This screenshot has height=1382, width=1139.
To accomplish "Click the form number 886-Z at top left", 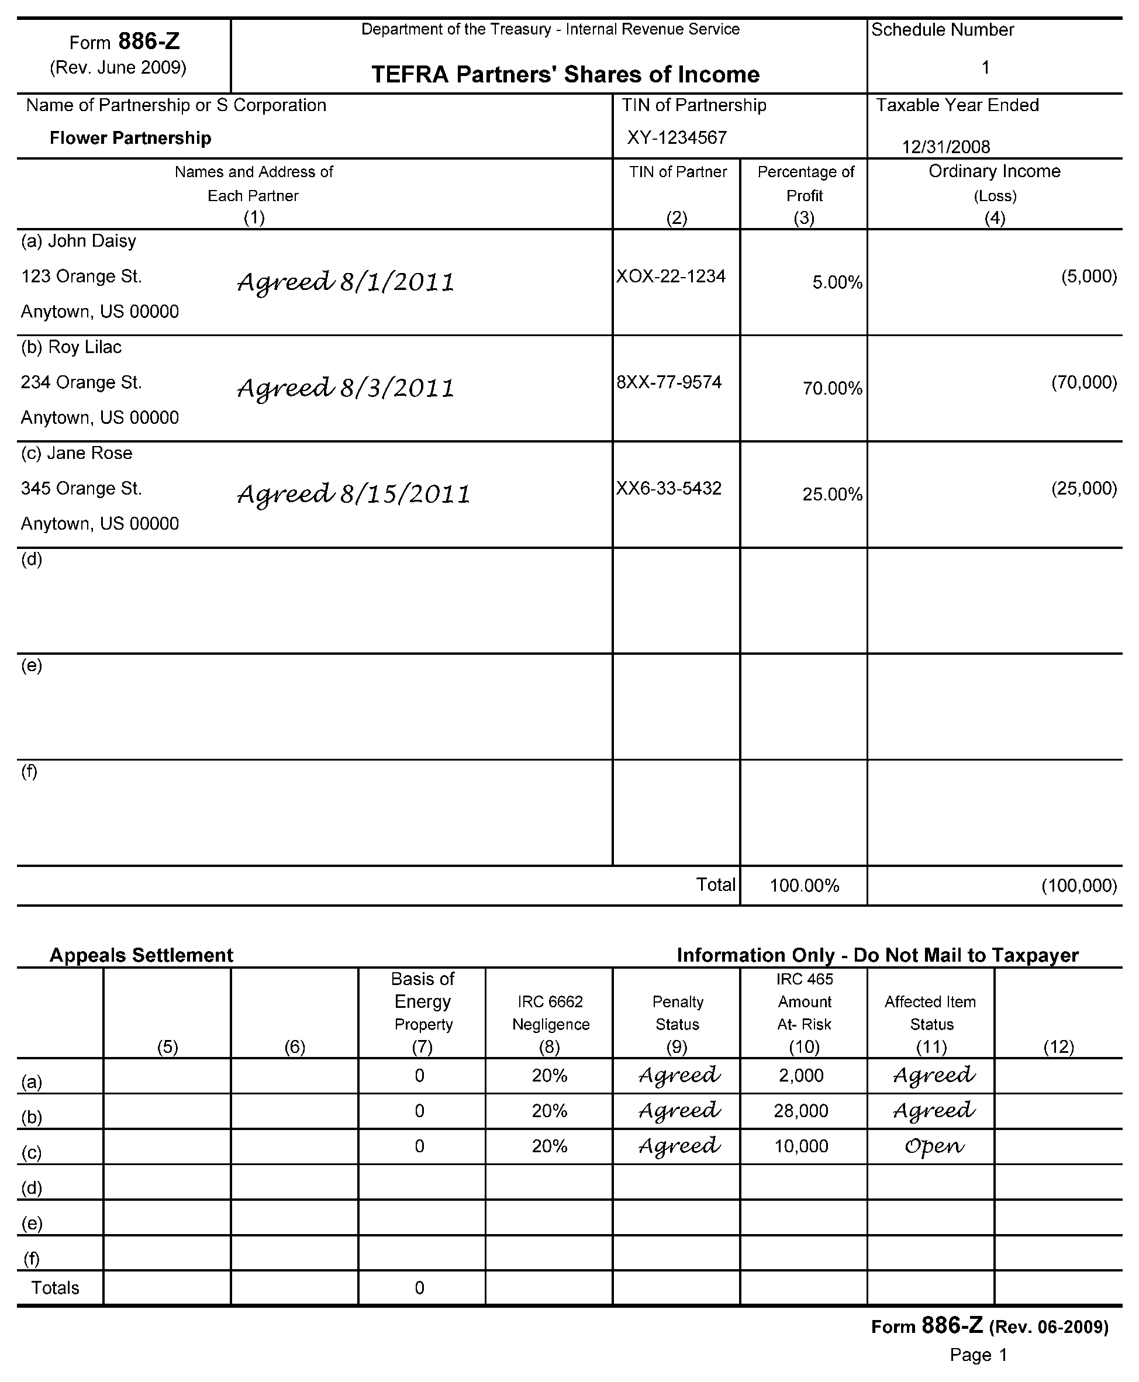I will point(149,42).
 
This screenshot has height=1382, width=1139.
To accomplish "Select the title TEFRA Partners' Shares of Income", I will point(565,74).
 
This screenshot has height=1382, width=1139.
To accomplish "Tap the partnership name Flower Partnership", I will point(130,138).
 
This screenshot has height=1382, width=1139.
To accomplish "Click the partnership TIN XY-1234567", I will point(677,138).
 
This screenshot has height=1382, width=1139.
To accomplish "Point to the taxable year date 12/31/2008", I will point(945,146).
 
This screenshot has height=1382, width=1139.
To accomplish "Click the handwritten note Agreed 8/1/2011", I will point(346,282).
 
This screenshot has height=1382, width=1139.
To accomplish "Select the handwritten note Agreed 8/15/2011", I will point(354,494).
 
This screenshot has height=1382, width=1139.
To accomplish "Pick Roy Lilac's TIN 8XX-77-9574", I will point(668,382).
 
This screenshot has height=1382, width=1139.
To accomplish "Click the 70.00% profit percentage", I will point(832,388).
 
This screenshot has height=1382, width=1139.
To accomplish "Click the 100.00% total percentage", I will point(805,886).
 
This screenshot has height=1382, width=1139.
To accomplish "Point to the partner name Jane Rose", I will point(90,453).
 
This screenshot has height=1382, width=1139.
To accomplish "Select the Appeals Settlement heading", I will point(141,955).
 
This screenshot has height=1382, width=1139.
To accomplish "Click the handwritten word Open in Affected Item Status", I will point(934,1146).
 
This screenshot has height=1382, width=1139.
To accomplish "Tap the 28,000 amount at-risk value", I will point(800,1111).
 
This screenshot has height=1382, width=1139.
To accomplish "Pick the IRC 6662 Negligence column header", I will point(550,1013).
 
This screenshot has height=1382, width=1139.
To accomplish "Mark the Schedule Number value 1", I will point(985,68).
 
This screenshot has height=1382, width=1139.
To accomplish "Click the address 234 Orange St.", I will point(81,382).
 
